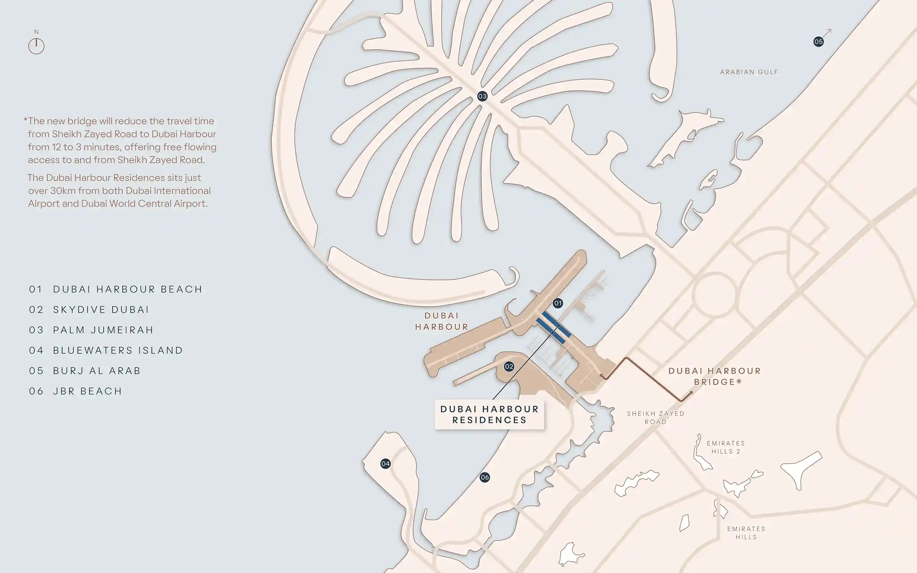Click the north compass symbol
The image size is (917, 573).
point(36,45)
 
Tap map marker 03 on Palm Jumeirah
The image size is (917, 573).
point(482,96)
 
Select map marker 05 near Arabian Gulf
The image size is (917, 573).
point(818,42)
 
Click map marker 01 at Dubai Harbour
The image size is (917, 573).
point(558,303)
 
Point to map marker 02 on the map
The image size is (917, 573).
point(509,366)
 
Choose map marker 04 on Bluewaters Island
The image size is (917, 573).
point(386,463)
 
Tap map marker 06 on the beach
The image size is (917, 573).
point(485,478)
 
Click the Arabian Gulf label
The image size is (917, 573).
point(749,72)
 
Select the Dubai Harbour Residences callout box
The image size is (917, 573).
point(489,414)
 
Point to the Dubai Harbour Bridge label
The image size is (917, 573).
point(715,376)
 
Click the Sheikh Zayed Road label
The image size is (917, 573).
point(655,417)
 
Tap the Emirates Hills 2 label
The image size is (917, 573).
point(726,447)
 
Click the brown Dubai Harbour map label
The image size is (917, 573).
point(442,321)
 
